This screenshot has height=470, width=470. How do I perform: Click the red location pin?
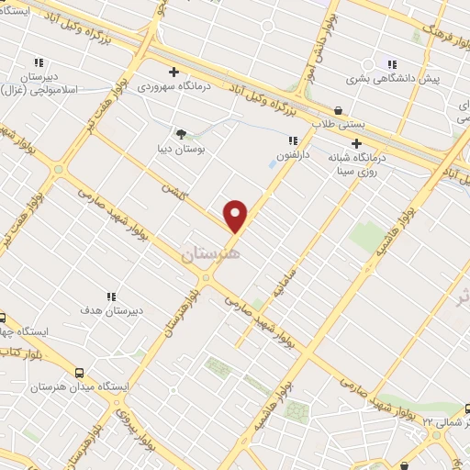237,216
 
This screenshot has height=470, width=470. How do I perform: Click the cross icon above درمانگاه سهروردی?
173,72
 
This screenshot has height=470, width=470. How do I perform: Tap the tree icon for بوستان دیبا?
181,133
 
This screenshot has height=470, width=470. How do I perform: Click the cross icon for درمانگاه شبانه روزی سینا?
356,142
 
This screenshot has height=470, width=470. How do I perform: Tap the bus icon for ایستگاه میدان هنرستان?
80,374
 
